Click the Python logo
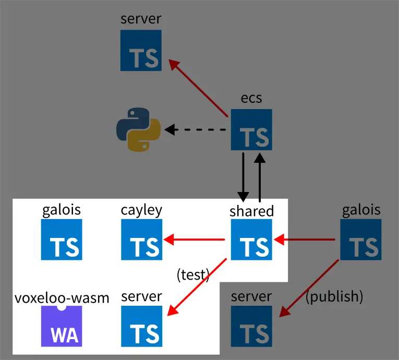pos(138,130)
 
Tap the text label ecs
pos(251,98)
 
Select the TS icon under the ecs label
pos(251,129)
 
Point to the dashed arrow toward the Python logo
pos(196,129)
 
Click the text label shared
pos(251,211)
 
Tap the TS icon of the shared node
pos(251,239)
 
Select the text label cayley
pos(141,210)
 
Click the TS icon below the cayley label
pos(141,239)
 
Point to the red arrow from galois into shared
pos(305,240)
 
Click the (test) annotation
pos(192,274)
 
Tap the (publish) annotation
pos(334,296)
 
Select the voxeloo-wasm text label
pos(62,298)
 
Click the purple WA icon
pos(62,327)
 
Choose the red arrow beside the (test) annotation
pos(197,289)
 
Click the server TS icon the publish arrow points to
pos(251,327)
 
